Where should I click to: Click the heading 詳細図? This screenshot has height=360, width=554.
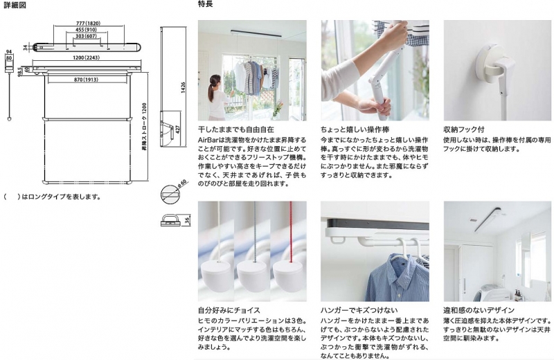pos(15,6)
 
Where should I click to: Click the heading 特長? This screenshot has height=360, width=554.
pos(205,4)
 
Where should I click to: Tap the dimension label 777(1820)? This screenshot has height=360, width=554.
pos(89,24)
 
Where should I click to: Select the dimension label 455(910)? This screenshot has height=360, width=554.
pos(86,30)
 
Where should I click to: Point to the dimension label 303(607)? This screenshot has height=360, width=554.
pos(86,36)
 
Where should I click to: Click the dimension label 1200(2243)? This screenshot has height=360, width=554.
pos(86,57)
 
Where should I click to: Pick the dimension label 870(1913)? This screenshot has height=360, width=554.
pos(86,80)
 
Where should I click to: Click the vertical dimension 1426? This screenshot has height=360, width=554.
pos(183,88)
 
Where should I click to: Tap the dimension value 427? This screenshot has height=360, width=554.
pos(178,129)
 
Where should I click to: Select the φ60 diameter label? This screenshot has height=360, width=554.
pos(183,183)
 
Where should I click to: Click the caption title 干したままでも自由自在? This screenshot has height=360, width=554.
pos(235,129)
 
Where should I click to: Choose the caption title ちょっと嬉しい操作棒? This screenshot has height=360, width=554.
pos(355,129)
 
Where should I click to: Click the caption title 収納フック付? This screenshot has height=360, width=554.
pos(463,129)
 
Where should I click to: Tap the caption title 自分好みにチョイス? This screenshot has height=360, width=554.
pos(229,310)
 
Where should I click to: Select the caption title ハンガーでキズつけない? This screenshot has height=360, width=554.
pos(359,310)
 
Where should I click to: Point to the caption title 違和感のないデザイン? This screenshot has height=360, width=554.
pos(479,310)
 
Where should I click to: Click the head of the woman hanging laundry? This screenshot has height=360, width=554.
pos(215,80)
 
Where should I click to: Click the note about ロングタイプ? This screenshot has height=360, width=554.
pos(52,197)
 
